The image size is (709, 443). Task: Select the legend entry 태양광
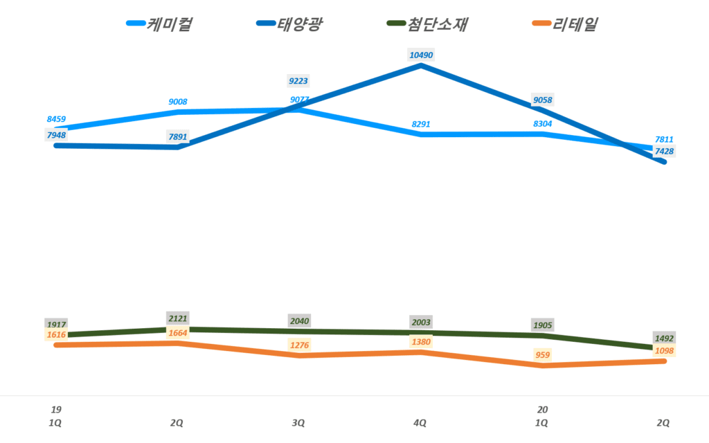coord(300,25)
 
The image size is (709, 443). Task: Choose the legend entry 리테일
coord(575,25)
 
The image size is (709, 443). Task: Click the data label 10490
coord(421,55)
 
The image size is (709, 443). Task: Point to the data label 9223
coord(299,81)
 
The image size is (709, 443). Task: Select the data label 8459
coord(56,119)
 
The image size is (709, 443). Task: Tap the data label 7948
coord(56,135)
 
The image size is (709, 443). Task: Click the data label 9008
coord(178,102)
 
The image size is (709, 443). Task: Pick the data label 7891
coord(178,137)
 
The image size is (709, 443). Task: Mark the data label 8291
coord(421,125)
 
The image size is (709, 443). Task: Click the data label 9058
coord(542,101)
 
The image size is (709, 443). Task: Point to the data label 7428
coord(664,152)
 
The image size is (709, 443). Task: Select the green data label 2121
coord(178,318)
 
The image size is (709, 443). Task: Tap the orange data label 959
coord(542,355)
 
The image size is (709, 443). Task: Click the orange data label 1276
coord(299,345)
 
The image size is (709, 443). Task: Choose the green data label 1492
coord(664,338)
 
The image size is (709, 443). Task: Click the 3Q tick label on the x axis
coord(299,422)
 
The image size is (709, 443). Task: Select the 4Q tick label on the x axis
coord(421,422)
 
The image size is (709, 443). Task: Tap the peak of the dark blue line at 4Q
coord(421,66)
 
